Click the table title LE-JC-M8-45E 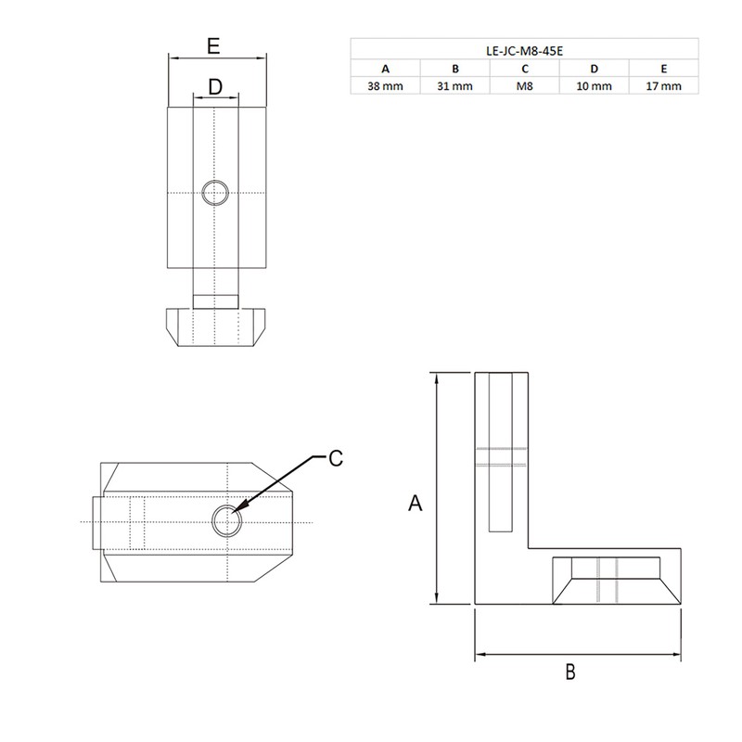pos(524,49)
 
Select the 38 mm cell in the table pos(385,85)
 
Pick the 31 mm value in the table pos(454,85)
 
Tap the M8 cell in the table pos(524,85)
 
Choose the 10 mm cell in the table pos(594,85)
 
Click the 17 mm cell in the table pos(663,85)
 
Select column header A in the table pos(385,68)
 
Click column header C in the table pos(524,68)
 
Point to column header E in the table pos(663,68)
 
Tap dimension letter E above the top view pos(213,45)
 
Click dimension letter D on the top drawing pos(215,86)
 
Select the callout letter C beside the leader pos(336,457)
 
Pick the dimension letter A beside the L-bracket pos(416,503)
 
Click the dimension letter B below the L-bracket pos(571,671)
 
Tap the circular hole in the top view pos(215,193)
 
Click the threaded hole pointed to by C pos(226,521)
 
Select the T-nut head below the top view pos(215,327)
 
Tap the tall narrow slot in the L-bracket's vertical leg pos(499,452)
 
